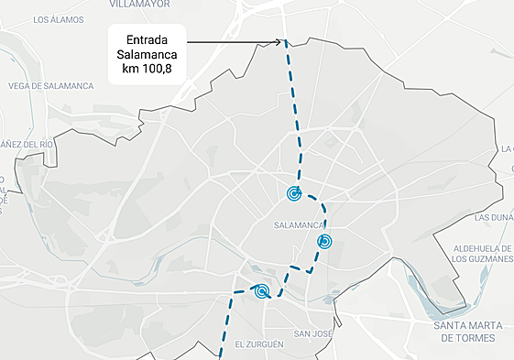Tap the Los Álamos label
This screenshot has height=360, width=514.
click(x=59, y=19)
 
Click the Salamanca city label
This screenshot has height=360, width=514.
click(x=300, y=224)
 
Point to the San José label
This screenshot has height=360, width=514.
click(x=312, y=333)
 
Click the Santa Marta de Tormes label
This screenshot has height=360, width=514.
click(x=467, y=332)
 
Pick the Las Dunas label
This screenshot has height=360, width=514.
click(x=495, y=218)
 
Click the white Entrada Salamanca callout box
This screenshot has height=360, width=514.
click(x=148, y=54)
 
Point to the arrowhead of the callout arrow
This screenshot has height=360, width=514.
click(x=282, y=41)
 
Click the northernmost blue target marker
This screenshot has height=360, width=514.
click(x=294, y=193)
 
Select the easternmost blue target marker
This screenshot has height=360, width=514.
click(x=324, y=242)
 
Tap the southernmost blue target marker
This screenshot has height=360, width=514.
click(x=262, y=292)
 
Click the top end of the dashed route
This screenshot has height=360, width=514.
click(x=286, y=42)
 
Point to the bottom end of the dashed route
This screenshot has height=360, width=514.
click(x=220, y=355)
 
